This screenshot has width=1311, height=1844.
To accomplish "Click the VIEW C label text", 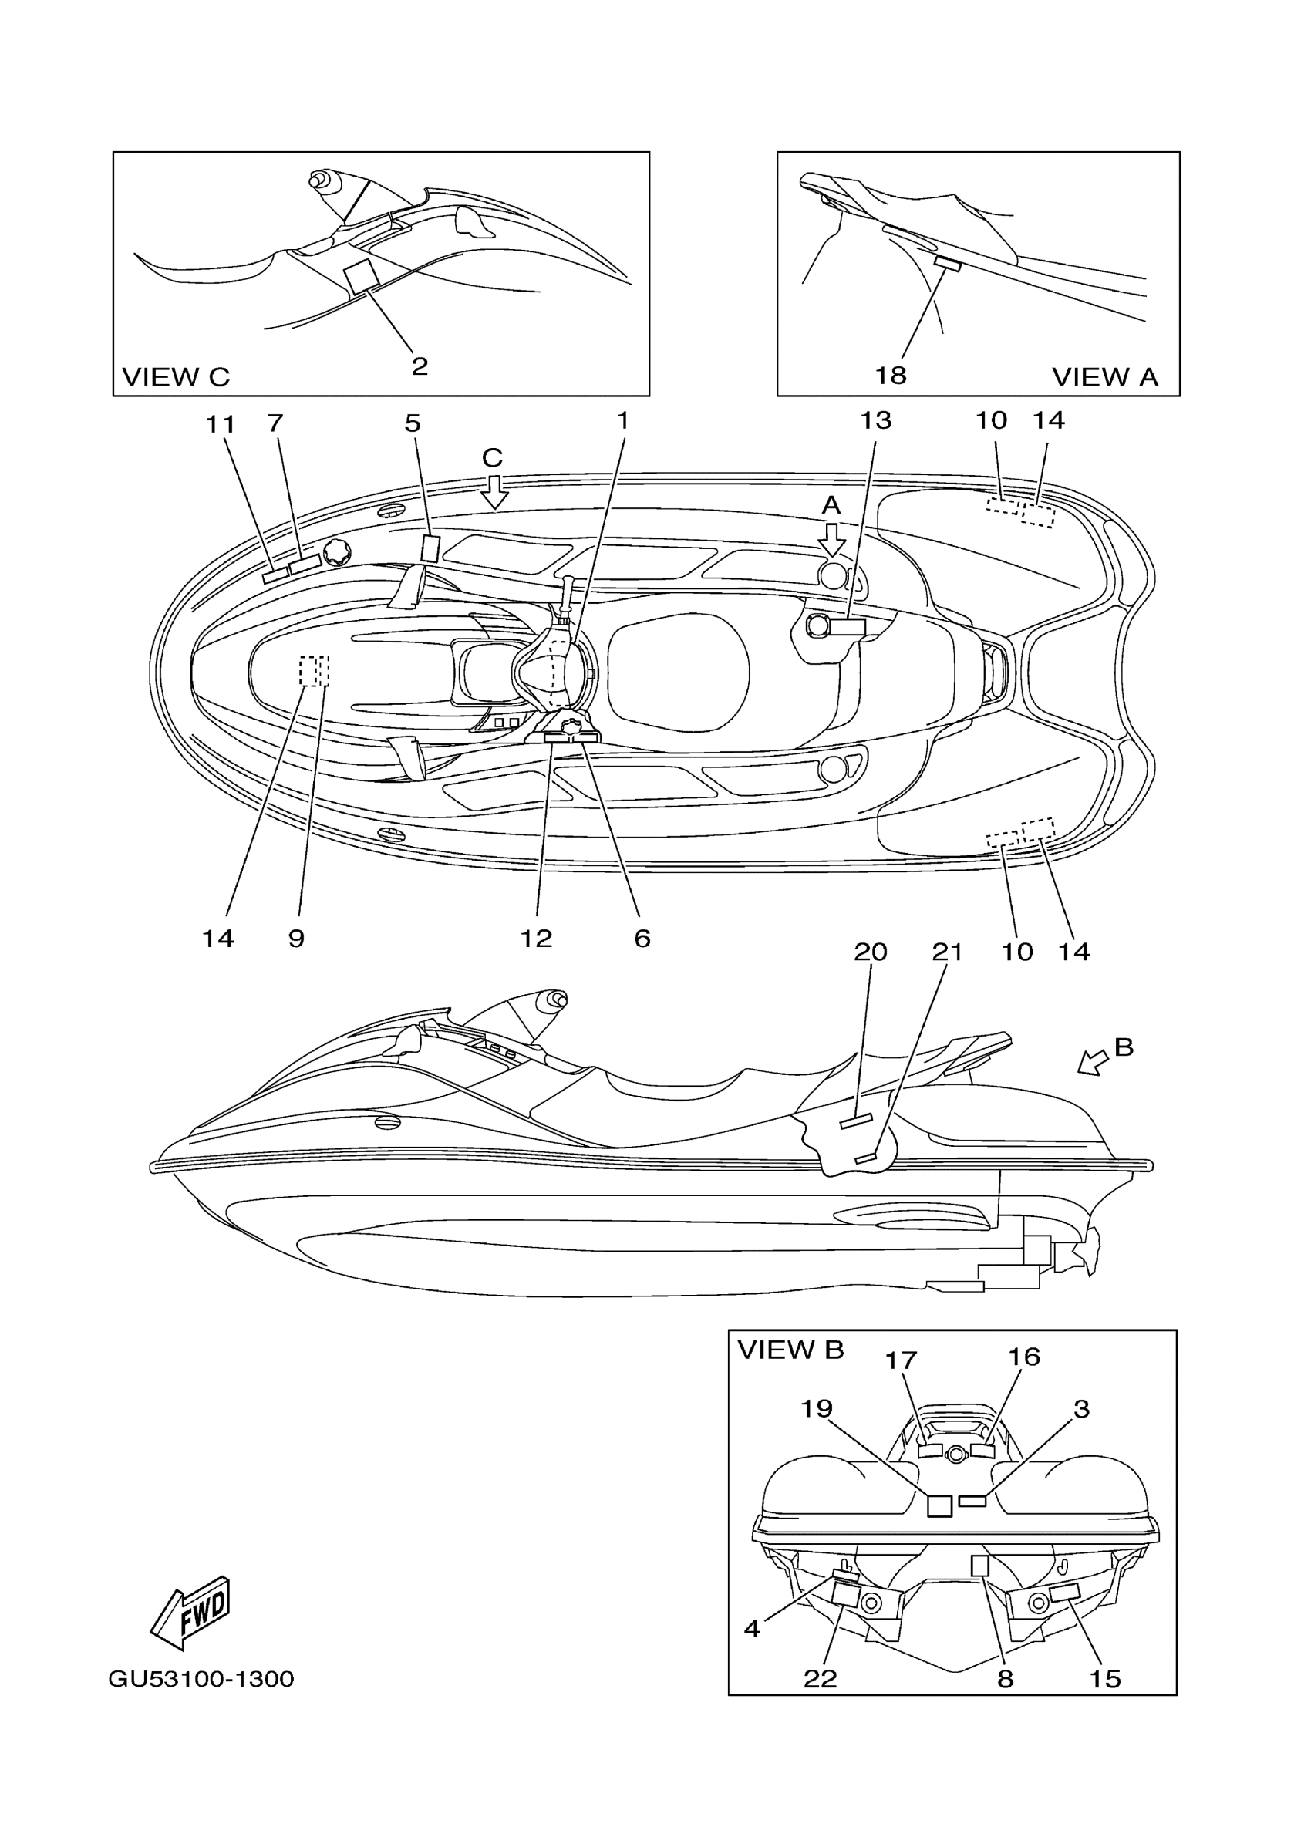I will tap(175, 376).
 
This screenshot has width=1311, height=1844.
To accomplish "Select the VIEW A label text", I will tap(1104, 376).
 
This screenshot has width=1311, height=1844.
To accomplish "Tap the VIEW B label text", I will tap(790, 1349).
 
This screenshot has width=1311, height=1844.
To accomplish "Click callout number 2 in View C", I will tap(419, 366).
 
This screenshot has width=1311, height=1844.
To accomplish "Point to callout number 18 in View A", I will tap(891, 375).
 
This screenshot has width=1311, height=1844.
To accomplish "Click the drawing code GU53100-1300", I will tap(201, 1679).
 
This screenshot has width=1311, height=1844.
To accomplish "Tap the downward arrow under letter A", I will tap(831, 538).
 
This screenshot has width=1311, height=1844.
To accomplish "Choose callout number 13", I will tap(875, 420).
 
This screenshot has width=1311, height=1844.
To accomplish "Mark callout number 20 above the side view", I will tap(870, 952).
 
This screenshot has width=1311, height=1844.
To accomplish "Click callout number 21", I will tap(947, 952).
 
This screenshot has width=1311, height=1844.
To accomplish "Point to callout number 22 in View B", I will tap(821, 1678).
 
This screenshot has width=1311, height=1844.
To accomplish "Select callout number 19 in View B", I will tap(816, 1408).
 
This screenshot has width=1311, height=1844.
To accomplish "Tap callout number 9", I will tap(296, 938).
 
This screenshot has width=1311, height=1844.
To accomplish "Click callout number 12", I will tap(536, 938).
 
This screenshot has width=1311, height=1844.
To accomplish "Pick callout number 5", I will tap(413, 423).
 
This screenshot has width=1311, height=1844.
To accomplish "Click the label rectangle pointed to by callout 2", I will tap(362, 276).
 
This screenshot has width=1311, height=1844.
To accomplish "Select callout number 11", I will tap(220, 424).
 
